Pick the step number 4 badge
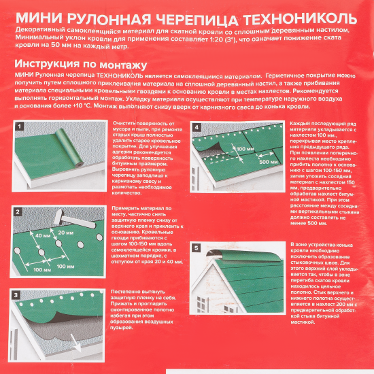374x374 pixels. point(197,126)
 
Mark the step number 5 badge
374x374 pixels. point(197,249)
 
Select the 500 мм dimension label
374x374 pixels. point(269,163)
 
